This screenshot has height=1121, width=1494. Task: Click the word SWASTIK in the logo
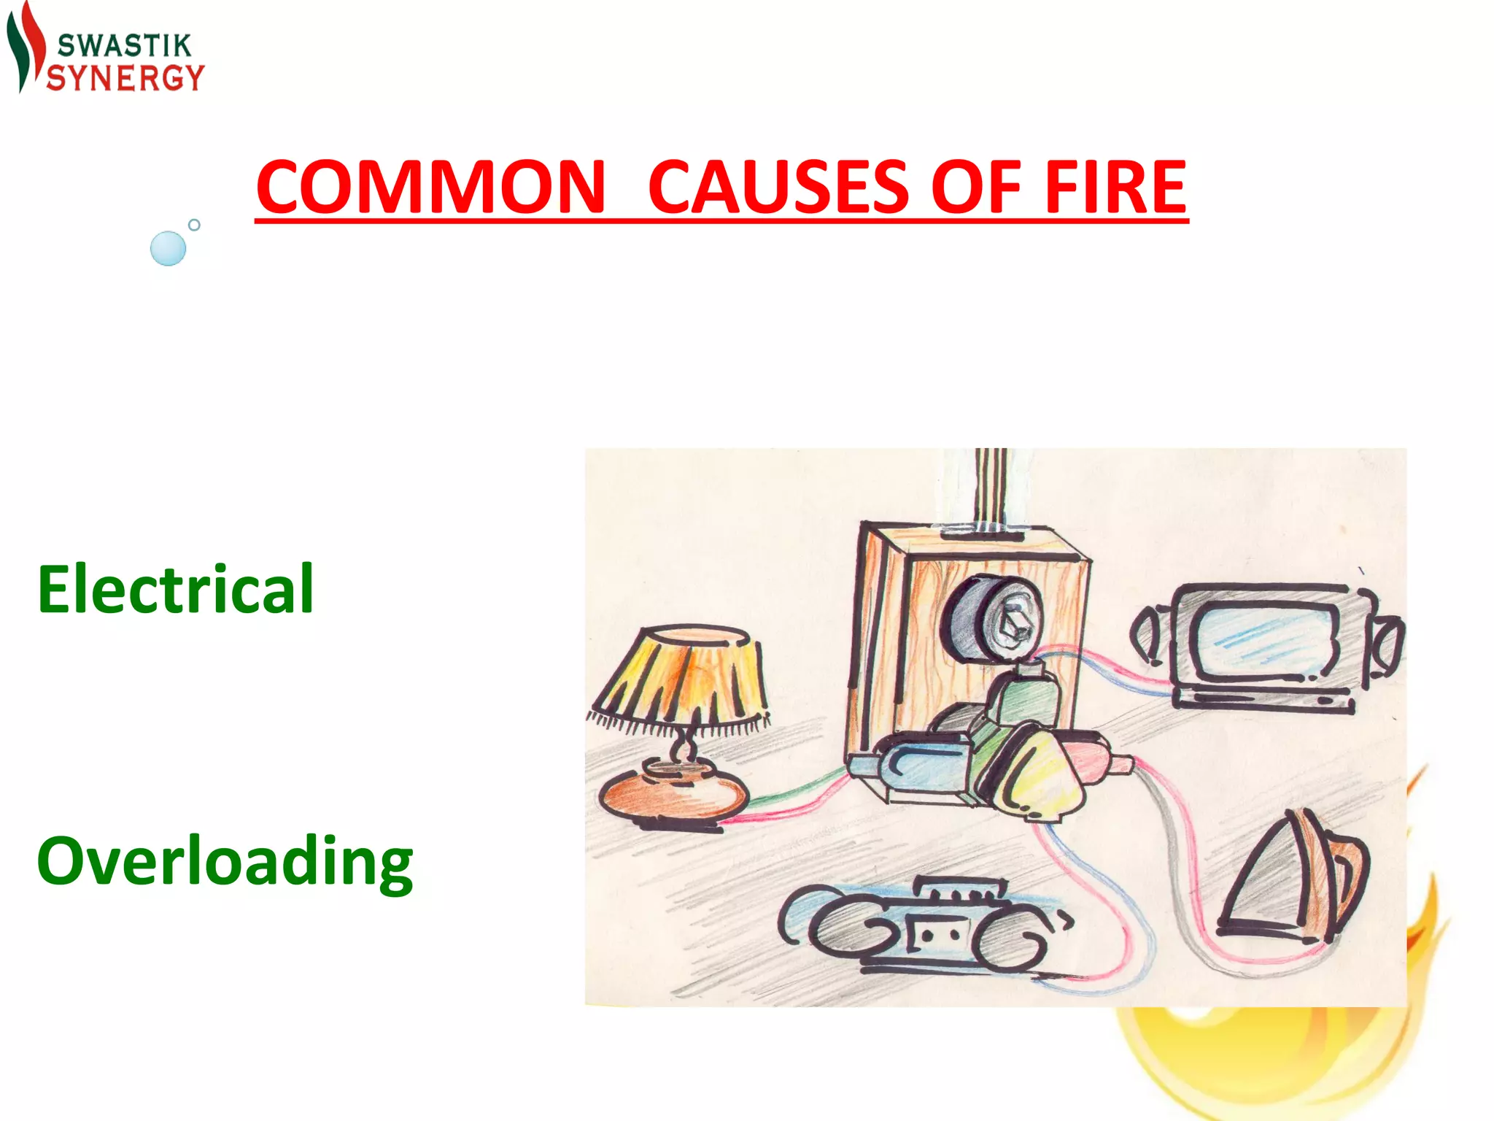(x=124, y=46)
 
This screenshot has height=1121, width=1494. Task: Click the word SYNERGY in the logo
(x=125, y=77)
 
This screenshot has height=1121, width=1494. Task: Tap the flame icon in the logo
(x=25, y=47)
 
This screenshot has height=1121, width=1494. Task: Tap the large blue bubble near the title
(x=168, y=248)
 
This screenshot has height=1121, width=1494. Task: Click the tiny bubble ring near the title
(x=194, y=225)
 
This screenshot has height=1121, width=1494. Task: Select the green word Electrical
(x=176, y=589)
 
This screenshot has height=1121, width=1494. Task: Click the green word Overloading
(x=225, y=862)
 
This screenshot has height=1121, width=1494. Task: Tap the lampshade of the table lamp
(x=682, y=675)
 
